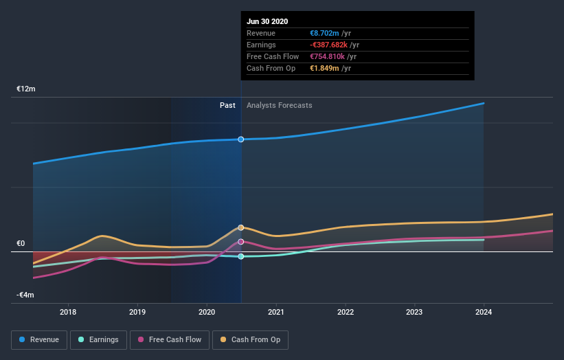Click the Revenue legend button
(x=40, y=339)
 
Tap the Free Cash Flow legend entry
(x=170, y=339)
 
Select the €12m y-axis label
(x=26, y=89)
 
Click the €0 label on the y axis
(x=21, y=243)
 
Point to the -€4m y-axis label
(x=26, y=295)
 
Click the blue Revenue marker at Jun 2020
(x=241, y=139)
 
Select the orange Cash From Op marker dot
(x=241, y=227)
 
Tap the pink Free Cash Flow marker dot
(x=241, y=242)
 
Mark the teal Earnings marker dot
(x=241, y=256)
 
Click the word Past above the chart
(x=227, y=105)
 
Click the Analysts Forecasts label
(x=280, y=105)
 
